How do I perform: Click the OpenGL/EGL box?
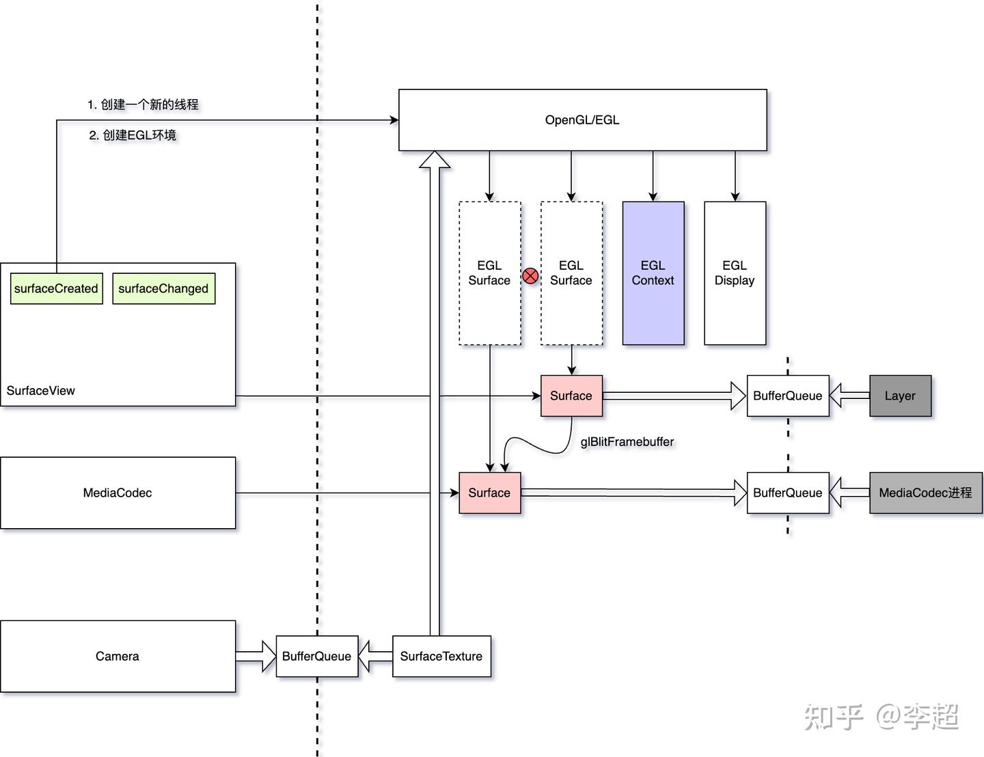(582, 120)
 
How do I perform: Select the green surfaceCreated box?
(57, 288)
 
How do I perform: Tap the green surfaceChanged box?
(163, 288)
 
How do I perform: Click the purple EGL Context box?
(653, 273)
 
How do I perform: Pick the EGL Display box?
(735, 273)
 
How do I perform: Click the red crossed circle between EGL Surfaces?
(530, 276)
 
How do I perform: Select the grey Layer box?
(900, 396)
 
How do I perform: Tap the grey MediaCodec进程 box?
(925, 493)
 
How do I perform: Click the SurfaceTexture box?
(441, 656)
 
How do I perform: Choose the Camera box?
(118, 656)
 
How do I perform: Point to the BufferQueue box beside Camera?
(316, 656)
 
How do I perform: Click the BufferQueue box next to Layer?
(787, 396)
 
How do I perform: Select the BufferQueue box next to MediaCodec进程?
(787, 493)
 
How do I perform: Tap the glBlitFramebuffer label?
(627, 442)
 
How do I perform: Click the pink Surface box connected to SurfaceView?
(571, 396)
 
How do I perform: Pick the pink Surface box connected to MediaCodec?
(489, 493)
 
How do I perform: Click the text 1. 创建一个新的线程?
(143, 105)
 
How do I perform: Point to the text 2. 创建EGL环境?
(133, 135)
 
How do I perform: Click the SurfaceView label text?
(41, 391)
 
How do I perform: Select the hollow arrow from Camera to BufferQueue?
(256, 656)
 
